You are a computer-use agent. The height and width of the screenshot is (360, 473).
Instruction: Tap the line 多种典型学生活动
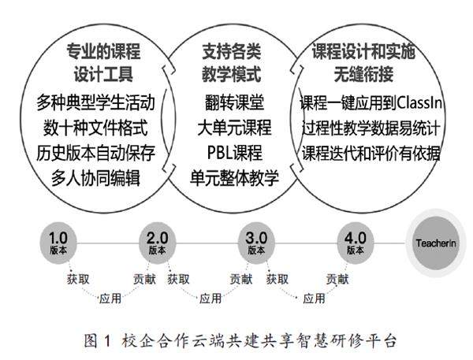(x=96, y=103)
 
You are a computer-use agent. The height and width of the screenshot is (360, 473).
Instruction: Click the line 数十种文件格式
(x=96, y=128)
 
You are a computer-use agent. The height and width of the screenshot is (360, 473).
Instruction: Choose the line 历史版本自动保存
(x=96, y=153)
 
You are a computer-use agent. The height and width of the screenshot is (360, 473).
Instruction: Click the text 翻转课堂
(x=234, y=103)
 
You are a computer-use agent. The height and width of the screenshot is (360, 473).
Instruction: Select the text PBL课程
(x=234, y=153)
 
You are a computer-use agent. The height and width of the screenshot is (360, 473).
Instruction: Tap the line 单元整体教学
(x=234, y=177)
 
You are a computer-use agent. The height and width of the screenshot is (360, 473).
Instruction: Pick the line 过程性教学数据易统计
(x=371, y=128)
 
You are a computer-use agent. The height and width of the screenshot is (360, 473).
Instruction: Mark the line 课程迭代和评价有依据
(x=371, y=152)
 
